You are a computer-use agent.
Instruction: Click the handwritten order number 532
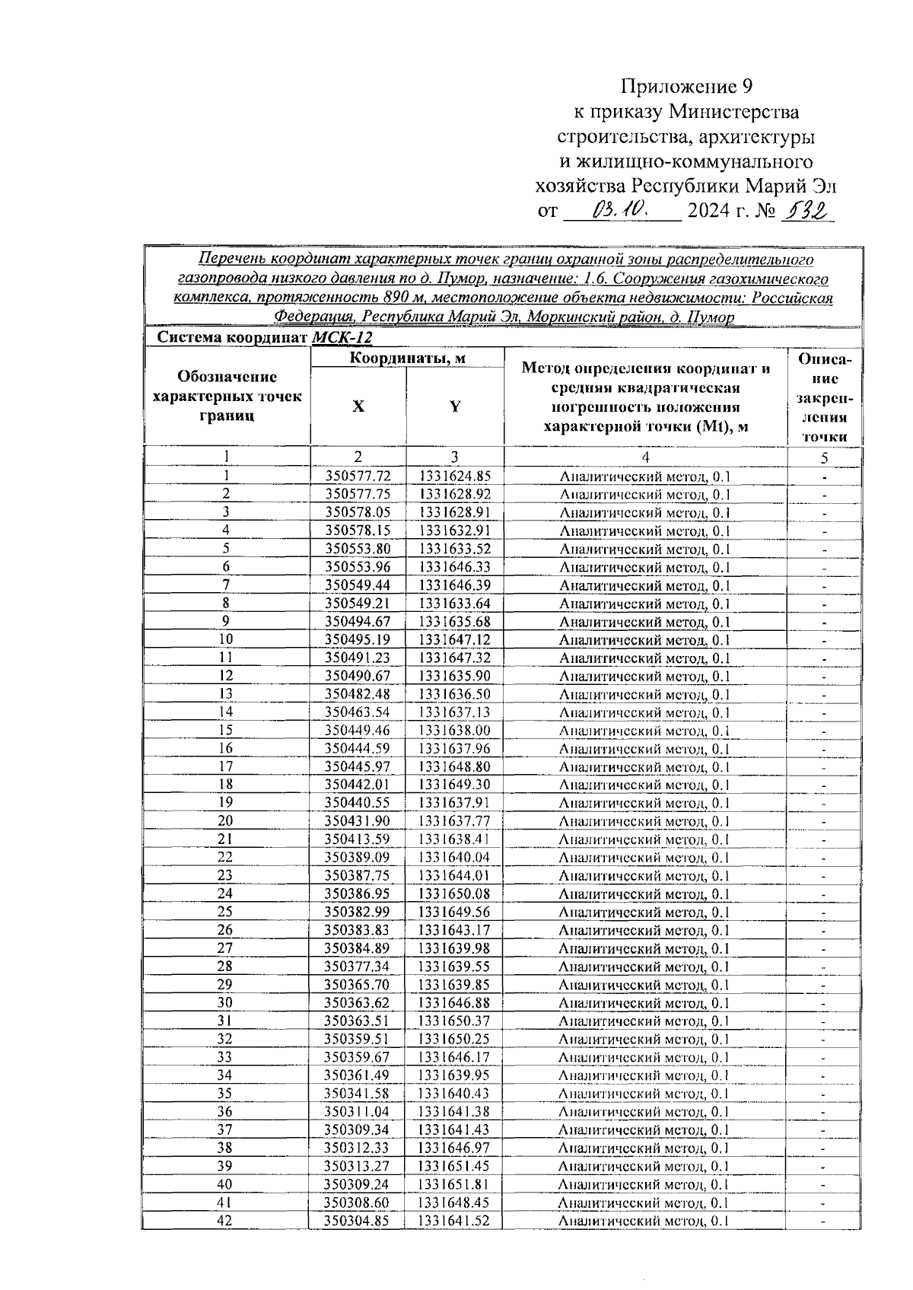click(806, 209)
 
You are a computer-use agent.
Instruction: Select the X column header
click(358, 406)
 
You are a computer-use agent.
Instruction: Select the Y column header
click(454, 406)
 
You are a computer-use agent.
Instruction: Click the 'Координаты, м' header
click(407, 358)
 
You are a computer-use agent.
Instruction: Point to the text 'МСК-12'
click(342, 338)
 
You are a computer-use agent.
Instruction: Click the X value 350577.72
click(358, 476)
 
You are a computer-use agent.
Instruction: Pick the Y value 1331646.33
click(454, 567)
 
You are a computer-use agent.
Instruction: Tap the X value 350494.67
click(358, 622)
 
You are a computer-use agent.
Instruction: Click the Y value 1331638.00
click(454, 731)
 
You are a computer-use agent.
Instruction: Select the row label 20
click(226, 821)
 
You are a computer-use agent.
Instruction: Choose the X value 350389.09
click(358, 858)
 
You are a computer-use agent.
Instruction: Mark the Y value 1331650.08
click(454, 894)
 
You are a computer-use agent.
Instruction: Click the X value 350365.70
click(358, 985)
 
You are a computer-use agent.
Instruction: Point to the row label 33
click(226, 1057)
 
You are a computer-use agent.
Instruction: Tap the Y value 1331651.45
click(454, 1166)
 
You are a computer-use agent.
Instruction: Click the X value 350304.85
click(358, 1221)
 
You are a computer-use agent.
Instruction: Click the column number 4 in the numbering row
click(645, 457)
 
